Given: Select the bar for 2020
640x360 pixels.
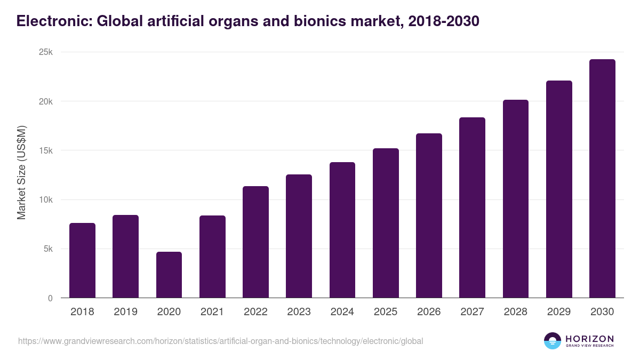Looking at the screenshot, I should tap(169, 275).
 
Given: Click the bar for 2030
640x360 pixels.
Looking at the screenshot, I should tap(602, 179).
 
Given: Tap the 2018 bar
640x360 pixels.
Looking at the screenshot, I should tap(82, 260).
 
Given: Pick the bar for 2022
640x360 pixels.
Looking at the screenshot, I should tap(255, 242).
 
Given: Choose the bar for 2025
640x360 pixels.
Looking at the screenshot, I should tap(386, 223).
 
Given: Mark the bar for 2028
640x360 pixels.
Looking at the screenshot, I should tap(516, 199).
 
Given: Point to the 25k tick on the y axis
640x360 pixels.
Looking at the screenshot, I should tap(45, 52).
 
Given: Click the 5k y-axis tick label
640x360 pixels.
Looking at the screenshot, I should tap(47, 249).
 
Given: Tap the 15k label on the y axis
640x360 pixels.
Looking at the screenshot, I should tap(45, 150).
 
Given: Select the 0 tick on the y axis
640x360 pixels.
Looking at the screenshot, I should tap(50, 298).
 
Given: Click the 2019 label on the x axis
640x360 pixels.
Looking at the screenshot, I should tap(125, 312).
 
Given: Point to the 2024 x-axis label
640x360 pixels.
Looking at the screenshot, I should tap(342, 312).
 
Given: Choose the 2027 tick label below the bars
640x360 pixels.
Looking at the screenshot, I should tap(472, 312).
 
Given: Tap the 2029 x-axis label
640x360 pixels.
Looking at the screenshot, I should tap(559, 312).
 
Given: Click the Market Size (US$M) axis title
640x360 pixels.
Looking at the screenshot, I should tap(21, 173).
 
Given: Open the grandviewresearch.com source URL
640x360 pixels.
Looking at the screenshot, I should tap(220, 341).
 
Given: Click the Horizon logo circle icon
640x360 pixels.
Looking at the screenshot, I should tap(552, 341).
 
